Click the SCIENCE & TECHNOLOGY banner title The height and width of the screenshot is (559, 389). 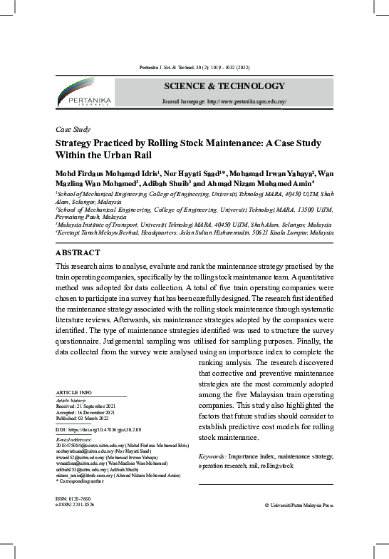(x=224, y=86)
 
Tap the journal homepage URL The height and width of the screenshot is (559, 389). (x=224, y=102)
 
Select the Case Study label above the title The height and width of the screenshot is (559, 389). (x=73, y=130)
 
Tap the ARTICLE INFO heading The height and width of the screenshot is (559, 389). (x=73, y=393)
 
